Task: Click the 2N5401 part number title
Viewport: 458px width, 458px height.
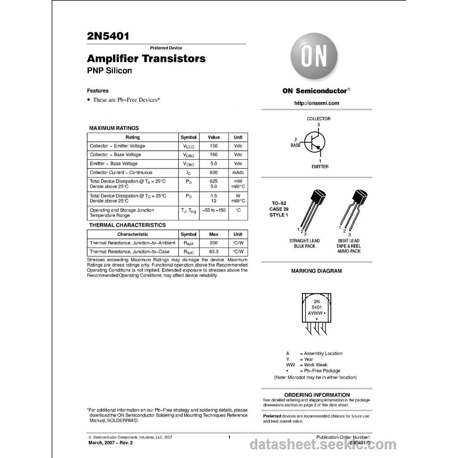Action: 108,36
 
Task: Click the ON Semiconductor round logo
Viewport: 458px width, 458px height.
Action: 314,56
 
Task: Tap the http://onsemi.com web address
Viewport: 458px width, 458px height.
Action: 316,103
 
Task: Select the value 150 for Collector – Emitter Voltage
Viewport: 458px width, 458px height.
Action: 213,146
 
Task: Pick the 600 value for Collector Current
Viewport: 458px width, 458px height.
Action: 213,172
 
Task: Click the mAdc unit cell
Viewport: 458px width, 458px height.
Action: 238,172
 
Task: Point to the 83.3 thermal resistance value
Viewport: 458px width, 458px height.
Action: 213,251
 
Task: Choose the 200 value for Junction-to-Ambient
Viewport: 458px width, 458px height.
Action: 213,242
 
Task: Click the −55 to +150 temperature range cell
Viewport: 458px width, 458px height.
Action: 213,210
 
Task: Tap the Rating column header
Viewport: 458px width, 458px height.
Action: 132,137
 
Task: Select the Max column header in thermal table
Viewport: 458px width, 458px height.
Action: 213,234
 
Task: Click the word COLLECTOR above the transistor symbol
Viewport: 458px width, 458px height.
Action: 318,119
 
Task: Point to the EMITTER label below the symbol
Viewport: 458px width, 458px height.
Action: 320,166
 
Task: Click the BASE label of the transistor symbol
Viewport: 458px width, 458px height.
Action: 296,145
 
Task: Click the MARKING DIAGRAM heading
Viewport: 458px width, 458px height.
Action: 316,271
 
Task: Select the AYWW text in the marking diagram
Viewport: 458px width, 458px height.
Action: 315,313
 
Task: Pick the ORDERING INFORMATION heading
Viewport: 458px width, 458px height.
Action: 317,394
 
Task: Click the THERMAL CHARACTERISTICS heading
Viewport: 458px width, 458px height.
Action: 127,225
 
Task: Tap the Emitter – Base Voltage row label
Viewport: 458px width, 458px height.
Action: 114,163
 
